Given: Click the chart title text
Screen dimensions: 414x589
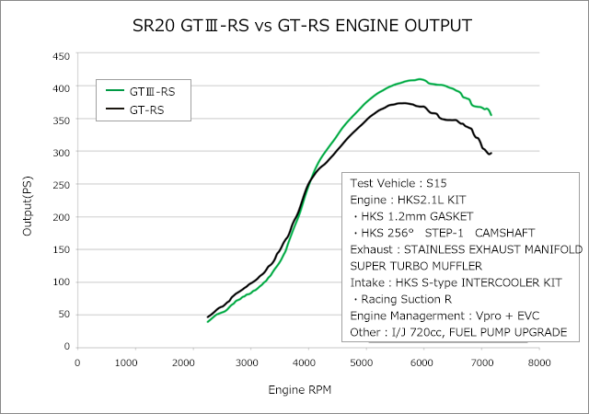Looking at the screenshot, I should click(x=295, y=23).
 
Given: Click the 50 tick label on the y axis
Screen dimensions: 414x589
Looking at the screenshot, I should click(x=64, y=315).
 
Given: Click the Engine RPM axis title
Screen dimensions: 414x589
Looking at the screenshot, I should click(x=299, y=390).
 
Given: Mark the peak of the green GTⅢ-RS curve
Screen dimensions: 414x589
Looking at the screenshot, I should click(x=420, y=79).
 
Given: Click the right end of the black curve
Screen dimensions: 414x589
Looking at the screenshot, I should click(x=491, y=153).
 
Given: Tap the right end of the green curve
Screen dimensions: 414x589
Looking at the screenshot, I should click(x=491, y=115).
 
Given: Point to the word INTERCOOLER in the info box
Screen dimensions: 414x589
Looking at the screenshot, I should click(x=497, y=282).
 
